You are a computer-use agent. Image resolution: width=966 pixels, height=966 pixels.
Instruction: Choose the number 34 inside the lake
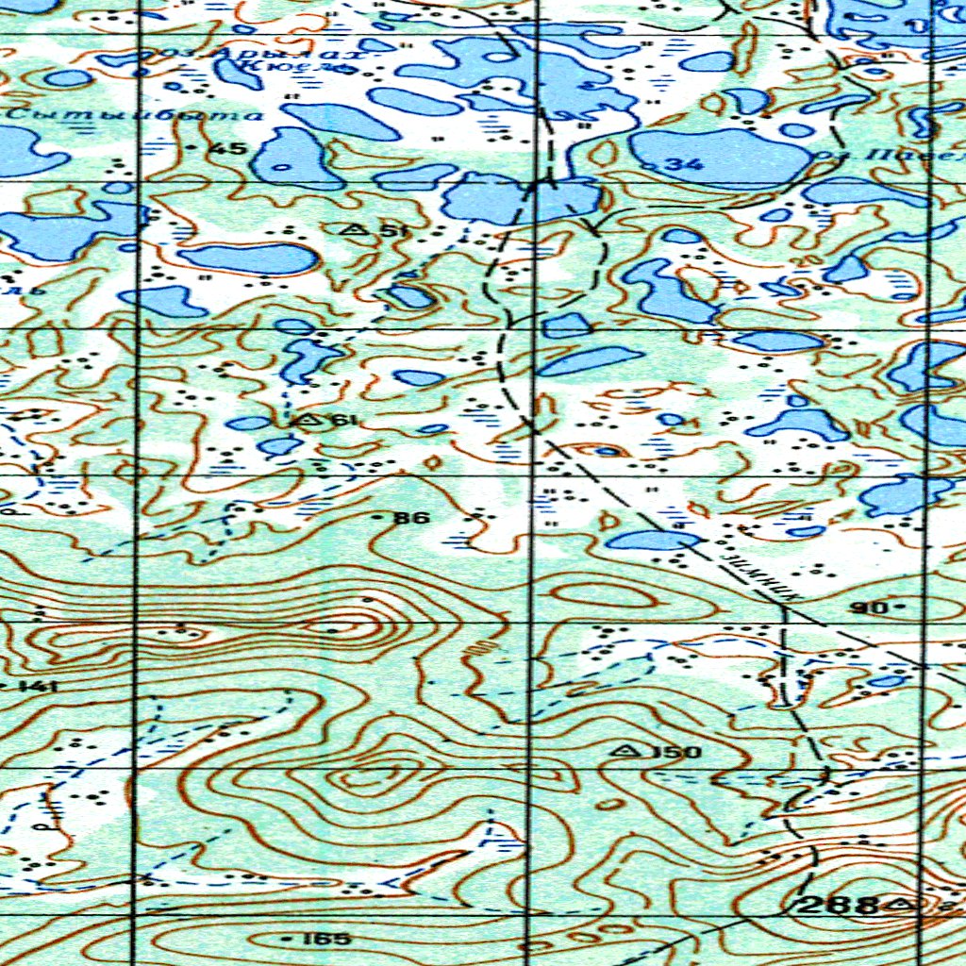(x=684, y=165)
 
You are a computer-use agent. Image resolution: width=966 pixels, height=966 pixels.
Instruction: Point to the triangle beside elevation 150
(x=623, y=750)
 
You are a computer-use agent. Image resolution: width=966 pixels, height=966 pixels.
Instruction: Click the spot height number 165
(x=328, y=939)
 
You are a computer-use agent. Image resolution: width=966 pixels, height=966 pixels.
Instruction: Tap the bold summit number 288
(x=838, y=906)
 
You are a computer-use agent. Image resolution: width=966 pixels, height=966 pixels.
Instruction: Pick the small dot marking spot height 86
(x=379, y=518)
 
